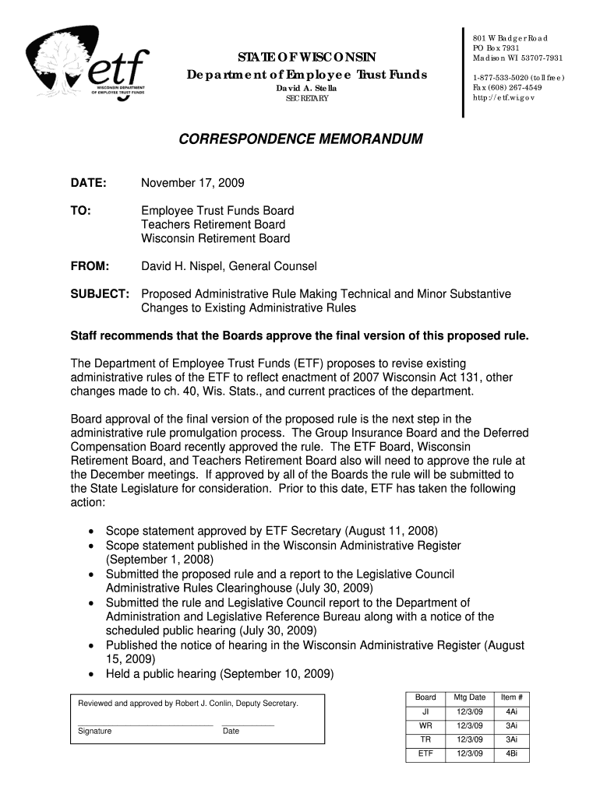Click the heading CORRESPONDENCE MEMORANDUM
pyautogui.click(x=300, y=140)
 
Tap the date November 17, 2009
pyautogui.click(x=192, y=183)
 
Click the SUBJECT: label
pyautogui.click(x=100, y=294)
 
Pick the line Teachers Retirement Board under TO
pyautogui.click(x=213, y=225)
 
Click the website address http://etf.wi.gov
pyautogui.click(x=504, y=98)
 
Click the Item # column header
pyautogui.click(x=511, y=697)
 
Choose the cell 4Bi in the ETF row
pyautogui.click(x=511, y=753)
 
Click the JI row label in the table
pyautogui.click(x=425, y=711)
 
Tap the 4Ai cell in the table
pyautogui.click(x=511, y=711)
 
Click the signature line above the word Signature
pyautogui.click(x=145, y=725)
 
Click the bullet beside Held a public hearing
pyautogui.click(x=92, y=674)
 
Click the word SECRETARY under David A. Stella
pyautogui.click(x=307, y=100)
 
